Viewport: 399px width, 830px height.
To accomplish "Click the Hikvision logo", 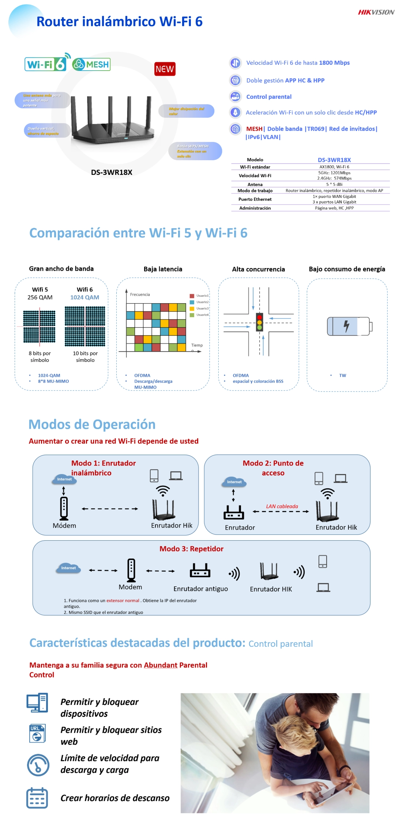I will pyautogui.click(x=376, y=12).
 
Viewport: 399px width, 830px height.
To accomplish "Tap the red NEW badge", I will pyautogui.click(x=165, y=69).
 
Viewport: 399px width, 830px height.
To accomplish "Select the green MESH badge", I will pyautogui.click(x=91, y=65).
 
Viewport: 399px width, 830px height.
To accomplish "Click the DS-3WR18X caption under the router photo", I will pyautogui.click(x=112, y=172).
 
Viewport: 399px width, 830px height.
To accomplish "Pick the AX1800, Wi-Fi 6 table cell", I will pyautogui.click(x=334, y=167).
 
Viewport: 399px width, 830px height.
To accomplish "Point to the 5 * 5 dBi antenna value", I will pyautogui.click(x=334, y=184).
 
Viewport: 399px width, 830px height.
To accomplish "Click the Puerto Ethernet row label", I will pyautogui.click(x=255, y=199).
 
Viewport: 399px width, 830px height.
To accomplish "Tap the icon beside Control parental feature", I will pyautogui.click(x=235, y=97).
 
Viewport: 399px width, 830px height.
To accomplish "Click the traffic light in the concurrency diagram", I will pyautogui.click(x=259, y=322).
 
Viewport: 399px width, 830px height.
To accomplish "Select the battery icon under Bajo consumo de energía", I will pyautogui.click(x=349, y=326).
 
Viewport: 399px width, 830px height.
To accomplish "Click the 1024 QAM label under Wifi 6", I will pyautogui.click(x=84, y=297).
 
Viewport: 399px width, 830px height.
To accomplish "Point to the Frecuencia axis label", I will pyautogui.click(x=140, y=294).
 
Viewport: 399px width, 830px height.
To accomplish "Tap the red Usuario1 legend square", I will pyautogui.click(x=192, y=296).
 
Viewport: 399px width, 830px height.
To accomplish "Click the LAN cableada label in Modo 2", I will pyautogui.click(x=282, y=506).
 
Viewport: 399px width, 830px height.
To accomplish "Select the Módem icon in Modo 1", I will pyautogui.click(x=64, y=508).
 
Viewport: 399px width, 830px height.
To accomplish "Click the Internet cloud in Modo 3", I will pyautogui.click(x=68, y=568).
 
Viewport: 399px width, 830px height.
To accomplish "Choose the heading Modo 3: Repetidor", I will pyautogui.click(x=191, y=549).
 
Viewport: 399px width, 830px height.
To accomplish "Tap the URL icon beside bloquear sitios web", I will pyautogui.click(x=37, y=733).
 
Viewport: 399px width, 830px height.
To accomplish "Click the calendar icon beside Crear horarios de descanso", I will pyautogui.click(x=37, y=798).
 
